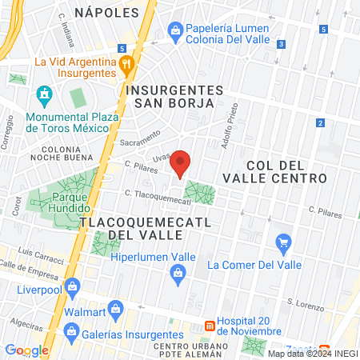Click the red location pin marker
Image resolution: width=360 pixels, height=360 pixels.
click(182, 163)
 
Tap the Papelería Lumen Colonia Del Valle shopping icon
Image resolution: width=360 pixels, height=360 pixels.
click(175, 30)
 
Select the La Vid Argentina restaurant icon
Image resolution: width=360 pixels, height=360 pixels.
click(126, 64)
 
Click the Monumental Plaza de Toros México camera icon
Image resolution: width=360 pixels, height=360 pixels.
click(43, 98)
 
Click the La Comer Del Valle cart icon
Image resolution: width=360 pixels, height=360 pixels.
click(282, 242)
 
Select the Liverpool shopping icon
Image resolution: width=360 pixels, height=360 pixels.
click(73, 286)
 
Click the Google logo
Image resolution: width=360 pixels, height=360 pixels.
click(26, 350)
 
